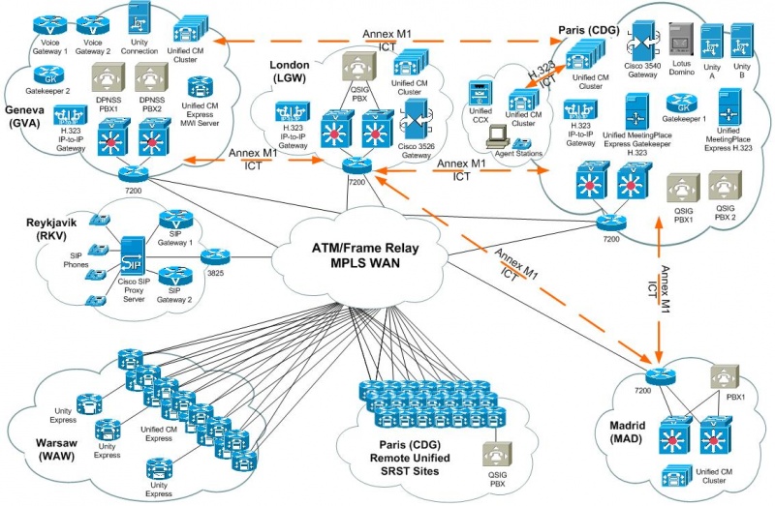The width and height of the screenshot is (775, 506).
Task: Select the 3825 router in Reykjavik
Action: (215, 256)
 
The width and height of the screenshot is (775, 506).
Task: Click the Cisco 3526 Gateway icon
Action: (417, 118)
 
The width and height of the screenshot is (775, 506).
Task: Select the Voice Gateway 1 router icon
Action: (46, 21)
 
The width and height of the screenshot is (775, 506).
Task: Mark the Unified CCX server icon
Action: (479, 96)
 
